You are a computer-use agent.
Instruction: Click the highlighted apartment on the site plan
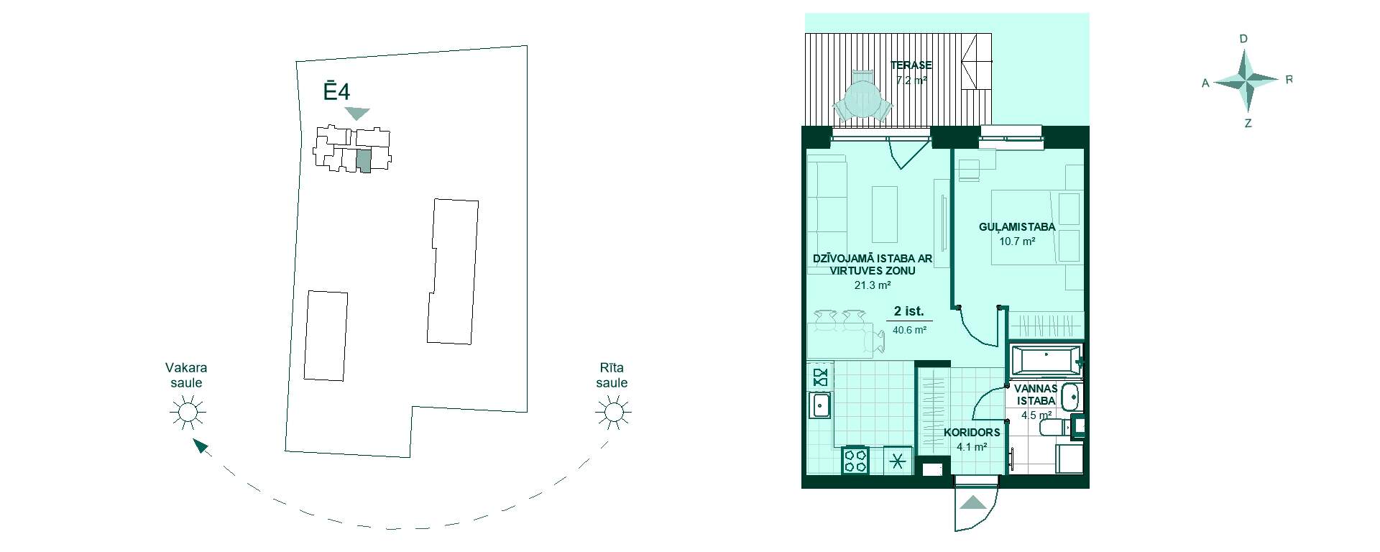364,161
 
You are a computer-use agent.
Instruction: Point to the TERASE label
911,65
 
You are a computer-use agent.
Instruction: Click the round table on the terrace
862,100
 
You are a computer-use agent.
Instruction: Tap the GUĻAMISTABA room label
1017,227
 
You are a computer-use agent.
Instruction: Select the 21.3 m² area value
873,285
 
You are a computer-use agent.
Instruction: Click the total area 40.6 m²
909,331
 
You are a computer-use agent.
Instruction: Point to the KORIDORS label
972,433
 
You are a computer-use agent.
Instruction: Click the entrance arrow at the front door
974,503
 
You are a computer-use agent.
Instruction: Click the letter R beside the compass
1289,80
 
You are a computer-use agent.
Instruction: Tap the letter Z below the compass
1248,124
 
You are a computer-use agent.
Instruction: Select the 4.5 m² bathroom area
1036,415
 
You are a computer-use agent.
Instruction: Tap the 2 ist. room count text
909,312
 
